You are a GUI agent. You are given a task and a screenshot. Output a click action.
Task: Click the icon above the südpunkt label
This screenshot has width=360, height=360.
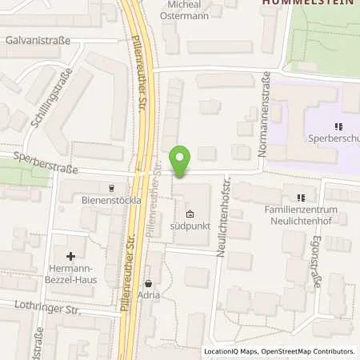tap(189, 214)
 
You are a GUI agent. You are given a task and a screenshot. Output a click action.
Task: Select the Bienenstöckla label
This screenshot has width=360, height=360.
tap(110, 201)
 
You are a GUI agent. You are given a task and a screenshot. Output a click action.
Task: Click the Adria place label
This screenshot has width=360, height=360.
tap(148, 295)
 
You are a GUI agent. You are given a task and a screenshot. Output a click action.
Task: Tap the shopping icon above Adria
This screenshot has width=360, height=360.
tap(148, 283)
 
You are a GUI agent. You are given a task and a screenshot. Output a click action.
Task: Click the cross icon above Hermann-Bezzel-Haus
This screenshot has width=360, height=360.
tap(71, 257)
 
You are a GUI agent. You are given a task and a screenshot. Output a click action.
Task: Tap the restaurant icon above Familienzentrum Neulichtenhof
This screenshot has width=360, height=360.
tap(301, 198)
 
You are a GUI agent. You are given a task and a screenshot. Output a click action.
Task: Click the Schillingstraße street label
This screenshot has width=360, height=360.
tap(49, 98)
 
